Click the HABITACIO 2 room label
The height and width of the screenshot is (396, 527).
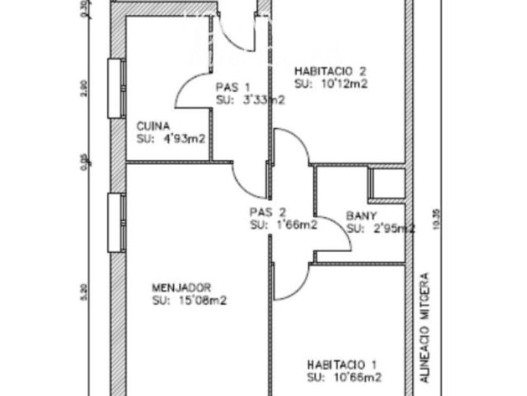(x=330, y=71)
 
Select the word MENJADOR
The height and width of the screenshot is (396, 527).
(x=181, y=288)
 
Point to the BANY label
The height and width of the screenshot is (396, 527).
(x=361, y=216)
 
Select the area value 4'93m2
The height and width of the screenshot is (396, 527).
(x=184, y=139)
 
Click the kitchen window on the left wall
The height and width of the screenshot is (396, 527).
(x=115, y=88)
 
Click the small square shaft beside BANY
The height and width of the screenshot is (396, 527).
(x=386, y=184)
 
